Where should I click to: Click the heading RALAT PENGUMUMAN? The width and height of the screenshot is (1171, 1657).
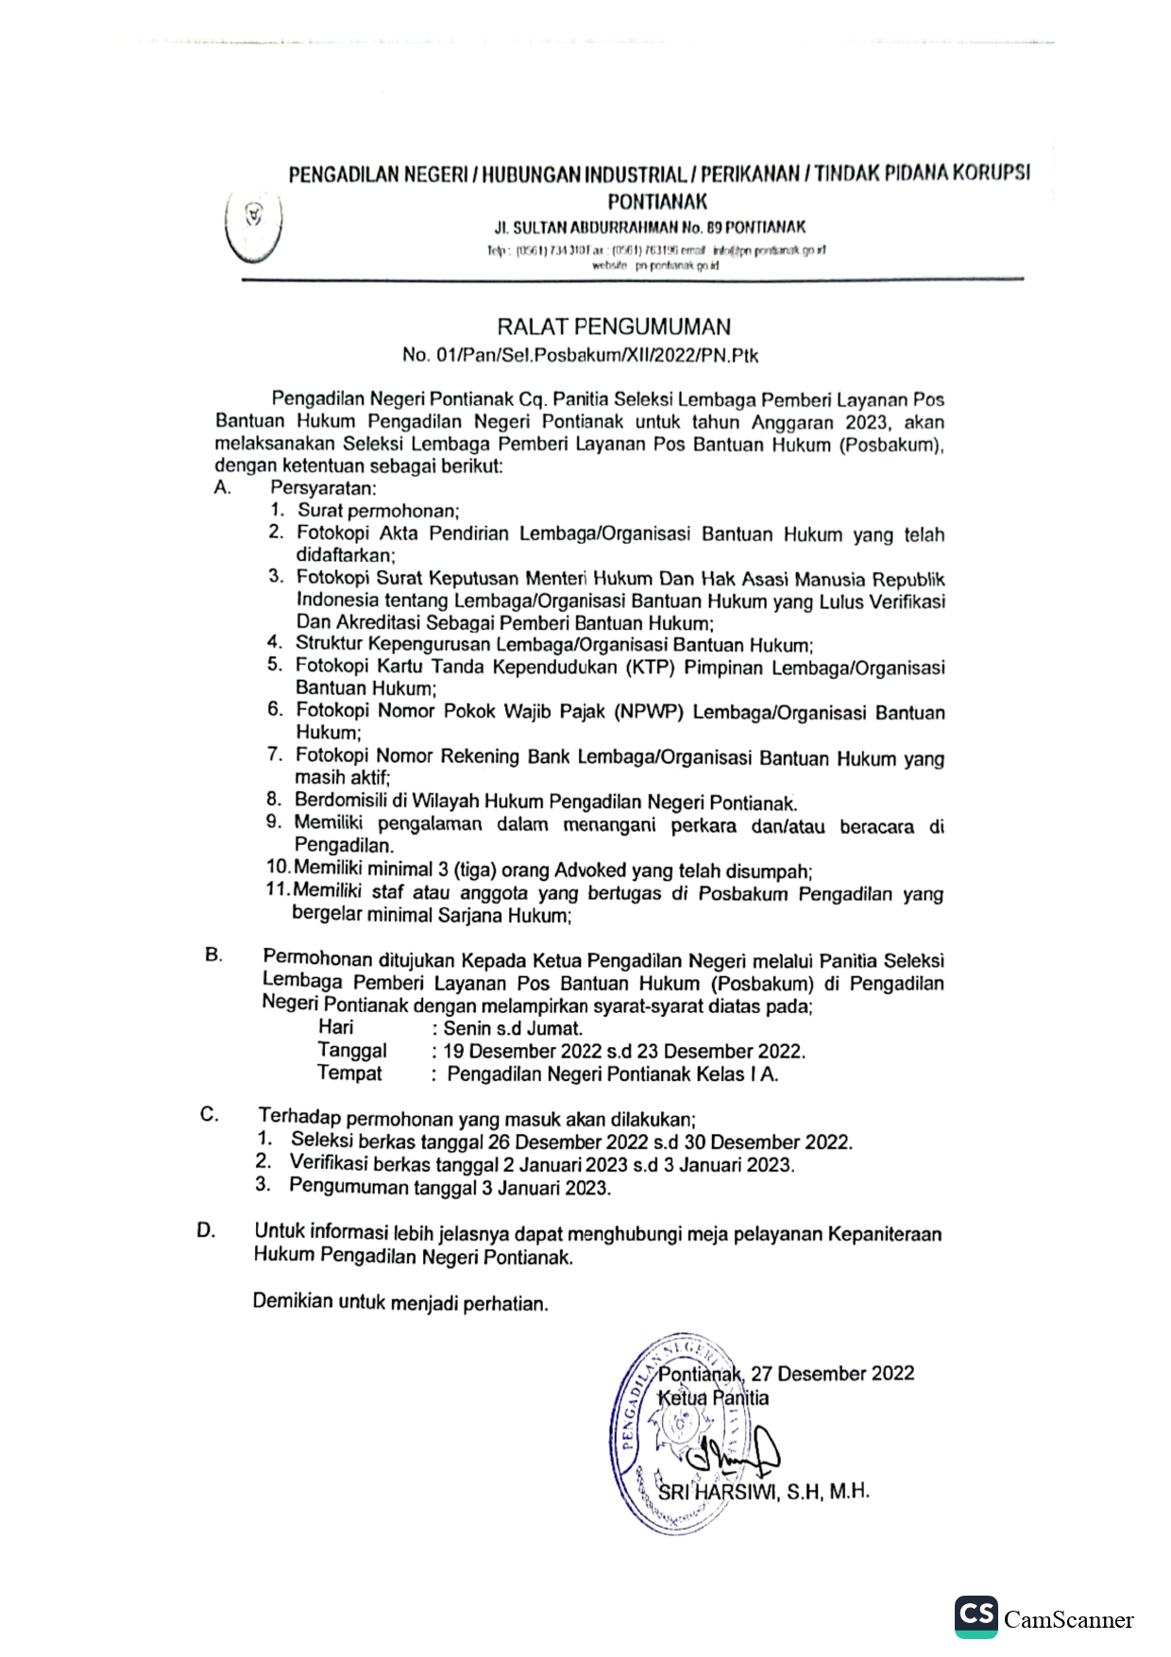pyautogui.click(x=613, y=327)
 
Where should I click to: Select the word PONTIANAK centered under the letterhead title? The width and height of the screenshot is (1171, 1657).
pyautogui.click(x=657, y=201)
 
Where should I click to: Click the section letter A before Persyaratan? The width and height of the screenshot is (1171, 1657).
pyautogui.click(x=222, y=487)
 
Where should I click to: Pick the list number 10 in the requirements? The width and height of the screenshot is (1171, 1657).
pyautogui.click(x=279, y=868)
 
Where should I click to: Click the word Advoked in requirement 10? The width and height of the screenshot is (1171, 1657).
pyautogui.click(x=590, y=871)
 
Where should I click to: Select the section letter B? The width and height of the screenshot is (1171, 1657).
pyautogui.click(x=213, y=955)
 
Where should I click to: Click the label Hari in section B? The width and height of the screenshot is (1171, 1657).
pyautogui.click(x=336, y=1027)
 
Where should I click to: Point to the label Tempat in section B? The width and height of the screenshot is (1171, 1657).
pyautogui.click(x=349, y=1073)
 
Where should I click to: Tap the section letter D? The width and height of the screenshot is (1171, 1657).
pyautogui.click(x=206, y=1230)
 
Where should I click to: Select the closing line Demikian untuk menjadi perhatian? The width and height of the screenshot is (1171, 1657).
pyautogui.click(x=400, y=1302)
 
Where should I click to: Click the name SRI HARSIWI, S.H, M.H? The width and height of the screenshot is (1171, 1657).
pyautogui.click(x=763, y=1493)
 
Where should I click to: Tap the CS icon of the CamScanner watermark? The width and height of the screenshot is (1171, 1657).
pyautogui.click(x=976, y=1615)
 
